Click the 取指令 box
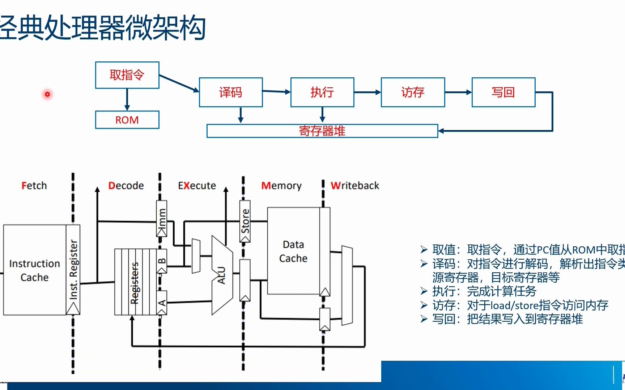tap(127, 75)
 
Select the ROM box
tap(127, 120)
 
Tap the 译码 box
tap(231, 92)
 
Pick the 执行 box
tap(322, 92)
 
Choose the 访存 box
tap(413, 92)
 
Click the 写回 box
tap(503, 92)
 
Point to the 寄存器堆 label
tap(322, 131)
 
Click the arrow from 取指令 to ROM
tap(127, 99)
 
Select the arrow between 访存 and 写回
tap(458, 92)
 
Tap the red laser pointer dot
tap(47, 95)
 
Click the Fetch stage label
tap(34, 186)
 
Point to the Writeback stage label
tap(355, 186)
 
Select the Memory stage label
tap(281, 186)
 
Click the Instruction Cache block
tap(34, 270)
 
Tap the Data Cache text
tap(293, 251)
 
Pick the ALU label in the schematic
tap(221, 275)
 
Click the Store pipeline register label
tap(245, 221)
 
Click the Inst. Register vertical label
tap(73, 269)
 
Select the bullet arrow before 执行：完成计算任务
tap(424, 291)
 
